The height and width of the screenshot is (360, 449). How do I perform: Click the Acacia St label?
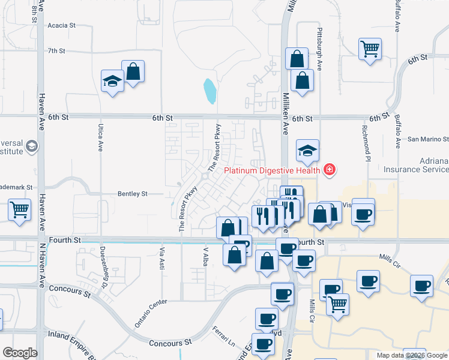(64, 26)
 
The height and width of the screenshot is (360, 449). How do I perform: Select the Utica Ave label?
(100, 137)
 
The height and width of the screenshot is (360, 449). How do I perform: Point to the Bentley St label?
(133, 194)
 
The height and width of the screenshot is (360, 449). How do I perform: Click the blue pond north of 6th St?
(209, 91)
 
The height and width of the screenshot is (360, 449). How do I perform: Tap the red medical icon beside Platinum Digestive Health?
(328, 170)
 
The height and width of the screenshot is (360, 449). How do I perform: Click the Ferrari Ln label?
(223, 336)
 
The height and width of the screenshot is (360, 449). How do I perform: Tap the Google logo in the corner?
(19, 353)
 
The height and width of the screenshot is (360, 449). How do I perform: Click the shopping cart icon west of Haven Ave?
(19, 211)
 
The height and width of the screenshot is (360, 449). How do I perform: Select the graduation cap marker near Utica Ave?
(112, 81)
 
